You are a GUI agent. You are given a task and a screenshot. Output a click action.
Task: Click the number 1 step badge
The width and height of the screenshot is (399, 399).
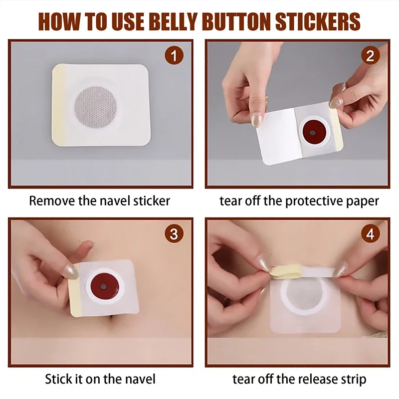coord(174,55)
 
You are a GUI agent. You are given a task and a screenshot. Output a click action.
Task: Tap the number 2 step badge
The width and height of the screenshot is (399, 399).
coord(370,55)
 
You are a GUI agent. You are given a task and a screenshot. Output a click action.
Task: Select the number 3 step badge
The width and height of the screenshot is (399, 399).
coord(174,233)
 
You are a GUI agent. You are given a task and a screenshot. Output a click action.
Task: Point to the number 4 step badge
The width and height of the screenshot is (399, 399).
coord(370,233)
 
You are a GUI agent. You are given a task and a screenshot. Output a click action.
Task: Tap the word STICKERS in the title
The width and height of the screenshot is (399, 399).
coord(318,21)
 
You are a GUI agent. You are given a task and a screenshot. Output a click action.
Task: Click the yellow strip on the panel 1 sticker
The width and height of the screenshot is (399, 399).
coord(59,104)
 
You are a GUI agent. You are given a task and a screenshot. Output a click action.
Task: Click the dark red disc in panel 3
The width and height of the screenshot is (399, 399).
coord(103,286)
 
